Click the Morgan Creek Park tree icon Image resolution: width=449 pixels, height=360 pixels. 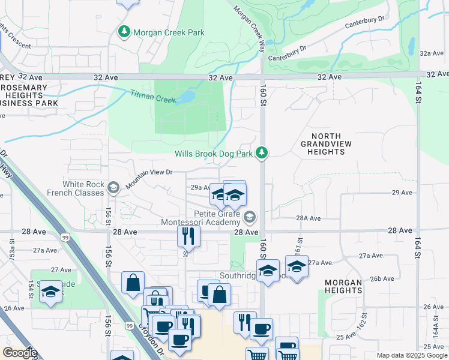(x=124, y=31)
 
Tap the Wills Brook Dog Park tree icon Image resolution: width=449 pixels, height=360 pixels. (x=261, y=154)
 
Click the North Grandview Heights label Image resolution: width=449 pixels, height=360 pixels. (x=322, y=145)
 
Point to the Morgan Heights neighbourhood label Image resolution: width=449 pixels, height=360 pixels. (x=343, y=287)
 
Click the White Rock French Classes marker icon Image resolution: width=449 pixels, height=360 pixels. (x=112, y=188)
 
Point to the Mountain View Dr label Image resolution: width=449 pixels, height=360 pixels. (x=149, y=172)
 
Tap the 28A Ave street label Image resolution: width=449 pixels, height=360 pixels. (x=309, y=218)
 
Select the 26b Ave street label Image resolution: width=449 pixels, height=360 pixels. (x=382, y=278)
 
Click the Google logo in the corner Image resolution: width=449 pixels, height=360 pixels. (x=20, y=353)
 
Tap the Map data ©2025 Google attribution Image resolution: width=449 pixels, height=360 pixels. (x=412, y=355)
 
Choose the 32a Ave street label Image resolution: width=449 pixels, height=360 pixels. (x=431, y=53)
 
